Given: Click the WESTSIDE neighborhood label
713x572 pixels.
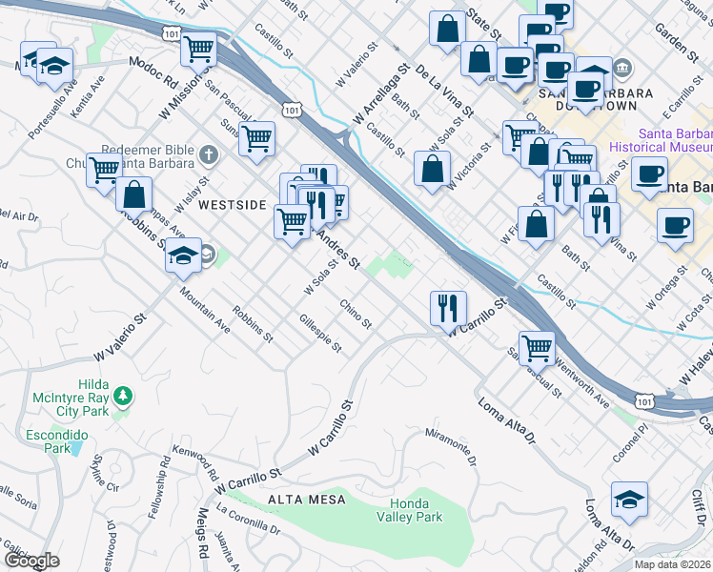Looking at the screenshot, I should click(233, 204).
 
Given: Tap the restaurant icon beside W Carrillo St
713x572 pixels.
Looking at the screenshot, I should click(448, 309).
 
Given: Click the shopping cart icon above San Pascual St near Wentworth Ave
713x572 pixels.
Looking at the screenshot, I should click(537, 348).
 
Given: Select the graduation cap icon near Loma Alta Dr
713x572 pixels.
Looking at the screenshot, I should click(629, 500).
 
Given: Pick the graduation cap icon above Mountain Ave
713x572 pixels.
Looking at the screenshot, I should click(182, 255).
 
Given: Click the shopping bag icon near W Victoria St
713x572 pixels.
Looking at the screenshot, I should click(433, 169).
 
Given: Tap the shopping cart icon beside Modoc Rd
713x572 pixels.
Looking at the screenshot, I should click(199, 48).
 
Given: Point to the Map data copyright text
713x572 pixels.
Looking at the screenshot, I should click(673, 564).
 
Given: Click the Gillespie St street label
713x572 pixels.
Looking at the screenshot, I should click(320, 334).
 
